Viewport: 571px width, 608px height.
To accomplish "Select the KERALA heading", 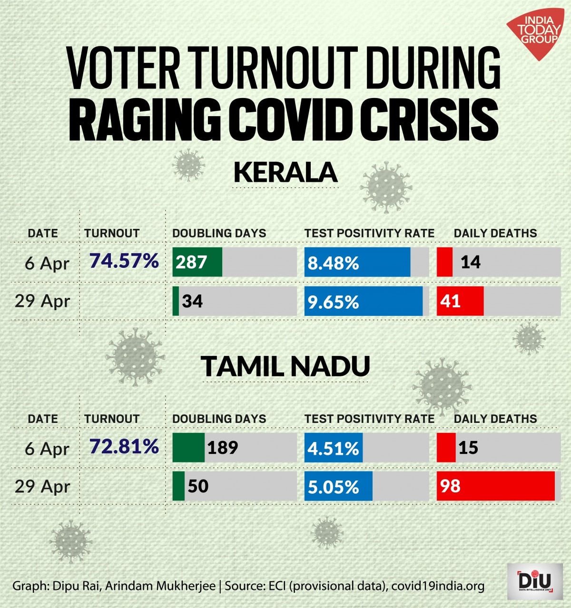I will pos(285,172).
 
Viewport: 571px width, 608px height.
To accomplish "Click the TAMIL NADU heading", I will pos(285,366).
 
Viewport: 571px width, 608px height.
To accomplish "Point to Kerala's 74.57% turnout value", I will pos(124,261).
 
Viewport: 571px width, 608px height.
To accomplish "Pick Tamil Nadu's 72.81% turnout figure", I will pos(124,447).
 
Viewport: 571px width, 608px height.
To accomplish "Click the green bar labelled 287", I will pos(197,262).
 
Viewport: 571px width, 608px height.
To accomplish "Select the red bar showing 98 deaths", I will pos(495,486).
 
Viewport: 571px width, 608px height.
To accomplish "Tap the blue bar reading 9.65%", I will pos(363,301).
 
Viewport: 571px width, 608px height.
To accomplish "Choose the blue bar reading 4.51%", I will pos(333,448).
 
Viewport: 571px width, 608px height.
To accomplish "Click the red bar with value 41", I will pos(460,301).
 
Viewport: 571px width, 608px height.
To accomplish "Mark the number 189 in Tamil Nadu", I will pos(222,448).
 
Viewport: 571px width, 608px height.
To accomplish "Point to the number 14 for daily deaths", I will pos(470,262).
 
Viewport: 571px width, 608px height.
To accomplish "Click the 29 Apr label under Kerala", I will pos(42,301).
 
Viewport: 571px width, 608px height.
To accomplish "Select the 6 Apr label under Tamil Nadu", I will pos(47,448).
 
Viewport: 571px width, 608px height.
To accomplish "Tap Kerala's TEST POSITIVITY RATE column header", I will pos(369,233).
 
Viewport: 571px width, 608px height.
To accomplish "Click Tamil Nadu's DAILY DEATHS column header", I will pos(495,419).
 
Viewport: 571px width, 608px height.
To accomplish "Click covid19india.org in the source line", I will pos(438,586).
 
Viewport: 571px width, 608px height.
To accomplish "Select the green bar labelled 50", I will pos(178,486).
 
